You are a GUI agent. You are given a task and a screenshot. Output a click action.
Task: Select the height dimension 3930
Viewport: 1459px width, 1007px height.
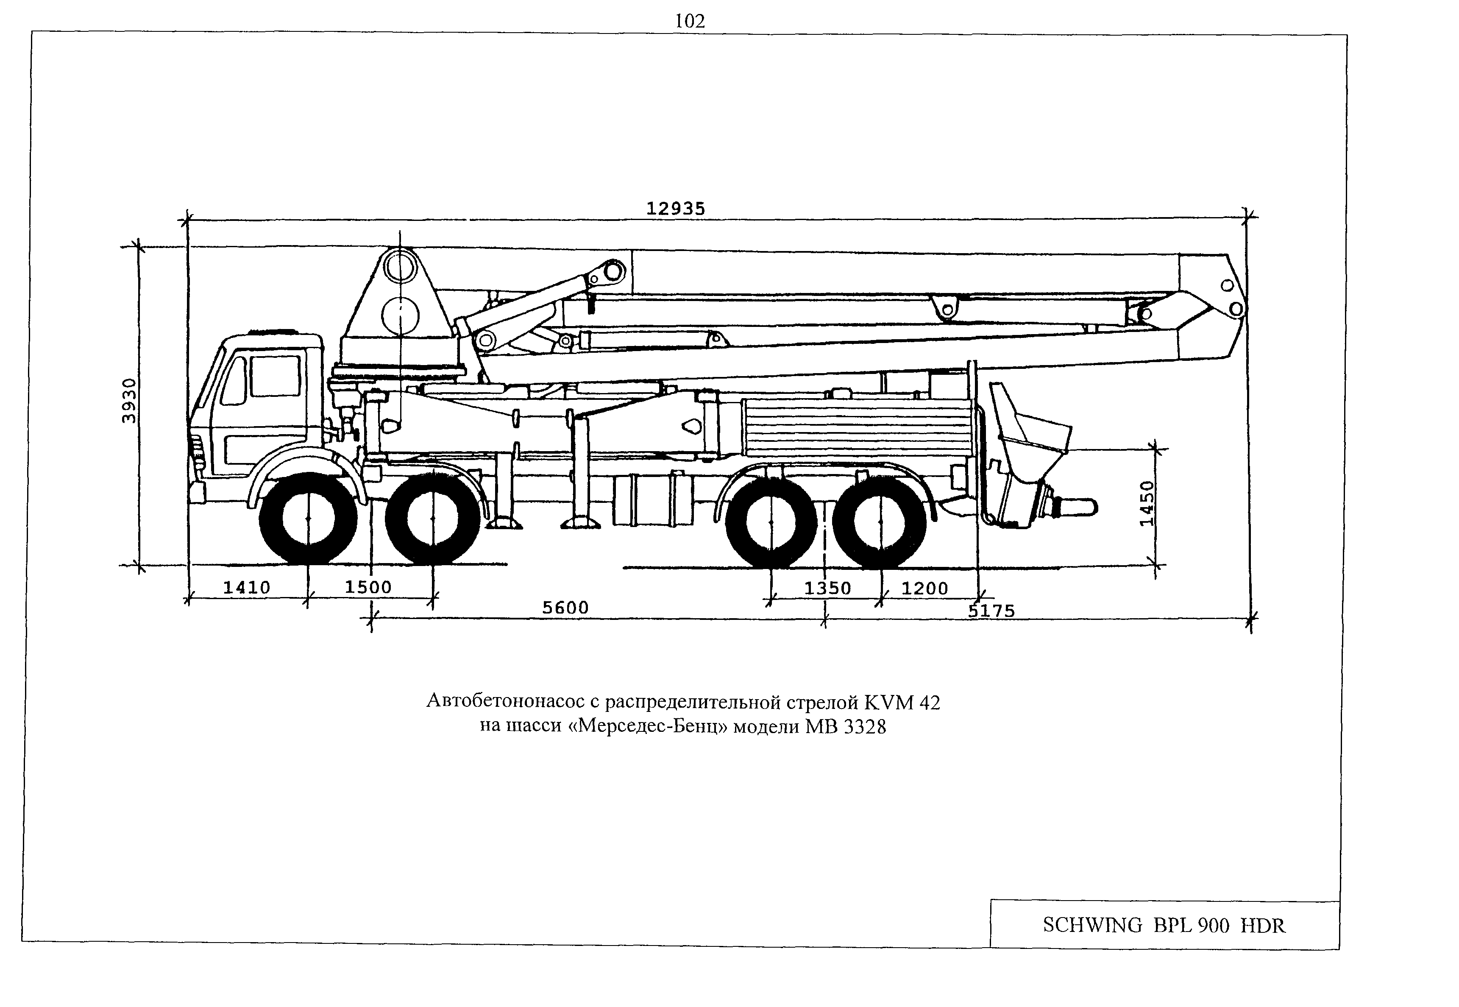tap(129, 401)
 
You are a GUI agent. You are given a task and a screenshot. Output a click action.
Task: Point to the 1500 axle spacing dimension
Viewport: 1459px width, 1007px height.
tap(368, 587)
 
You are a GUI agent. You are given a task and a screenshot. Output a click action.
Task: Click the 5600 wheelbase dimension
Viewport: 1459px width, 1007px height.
tap(565, 608)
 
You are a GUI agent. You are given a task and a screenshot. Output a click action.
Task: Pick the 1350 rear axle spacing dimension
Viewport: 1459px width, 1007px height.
tap(827, 589)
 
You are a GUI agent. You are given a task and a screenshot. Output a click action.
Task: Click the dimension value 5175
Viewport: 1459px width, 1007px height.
tap(991, 611)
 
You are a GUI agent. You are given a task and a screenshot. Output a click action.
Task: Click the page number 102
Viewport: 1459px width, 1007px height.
tap(690, 22)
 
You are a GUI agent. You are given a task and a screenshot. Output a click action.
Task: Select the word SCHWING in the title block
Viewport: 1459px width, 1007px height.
tap(1092, 925)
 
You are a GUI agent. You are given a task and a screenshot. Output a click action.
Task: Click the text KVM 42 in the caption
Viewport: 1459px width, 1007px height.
tap(902, 702)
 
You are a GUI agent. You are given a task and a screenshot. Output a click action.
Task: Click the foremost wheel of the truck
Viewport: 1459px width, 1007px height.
tap(308, 519)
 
